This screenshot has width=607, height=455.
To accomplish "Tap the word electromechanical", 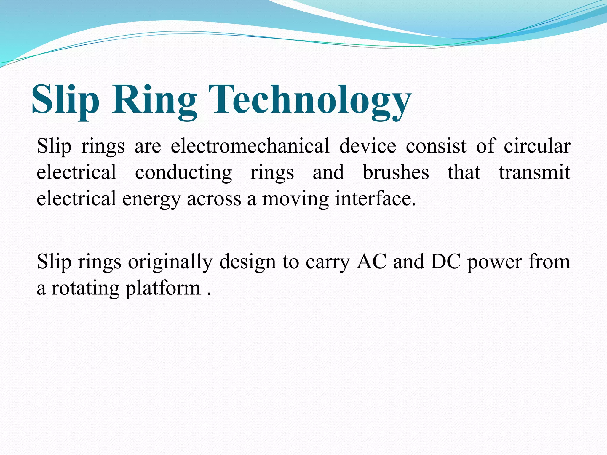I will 250,146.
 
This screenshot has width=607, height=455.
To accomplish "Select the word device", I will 368,146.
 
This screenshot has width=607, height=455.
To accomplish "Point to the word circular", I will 537,146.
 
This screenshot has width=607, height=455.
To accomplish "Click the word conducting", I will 183,172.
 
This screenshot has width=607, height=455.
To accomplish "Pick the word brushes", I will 396,172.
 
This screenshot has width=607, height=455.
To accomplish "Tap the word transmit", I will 534,172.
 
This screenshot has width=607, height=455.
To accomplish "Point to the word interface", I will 376,198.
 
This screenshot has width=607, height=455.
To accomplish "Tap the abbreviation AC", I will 372,262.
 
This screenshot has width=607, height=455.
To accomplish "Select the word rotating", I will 85,288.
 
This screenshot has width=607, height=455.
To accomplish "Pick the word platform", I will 163,288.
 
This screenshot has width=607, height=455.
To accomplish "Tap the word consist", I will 436,146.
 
